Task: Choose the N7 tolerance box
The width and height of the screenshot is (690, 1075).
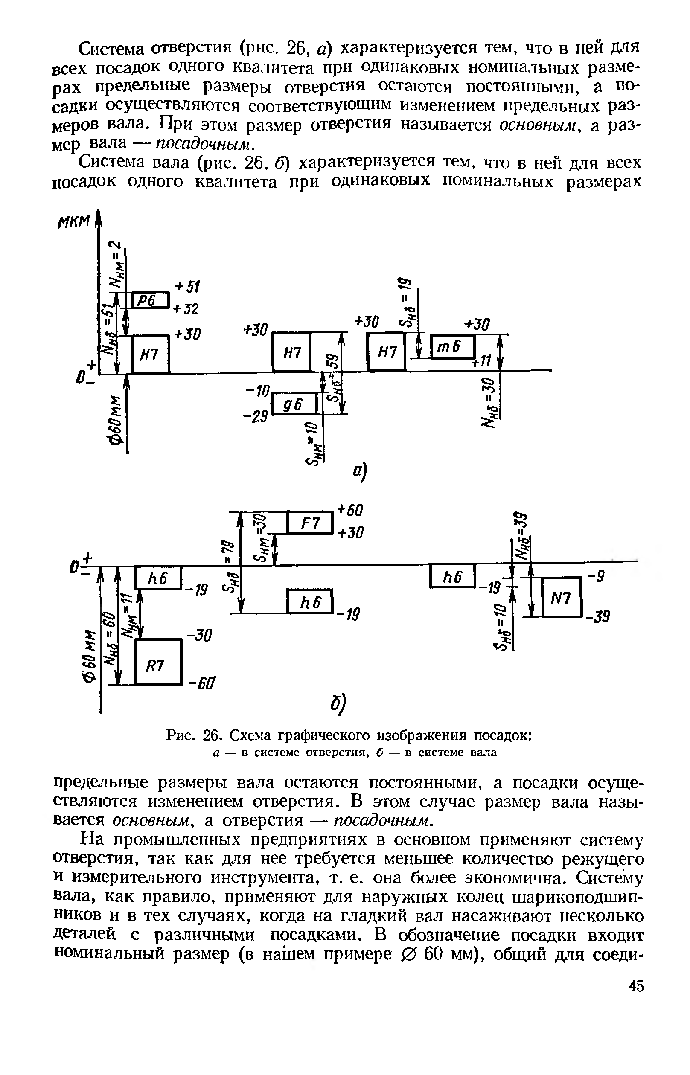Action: point(562,597)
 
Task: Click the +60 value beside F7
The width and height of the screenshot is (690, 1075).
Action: point(350,510)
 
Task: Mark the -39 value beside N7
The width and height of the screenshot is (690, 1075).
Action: point(600,618)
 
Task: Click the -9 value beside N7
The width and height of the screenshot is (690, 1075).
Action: point(599,577)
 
